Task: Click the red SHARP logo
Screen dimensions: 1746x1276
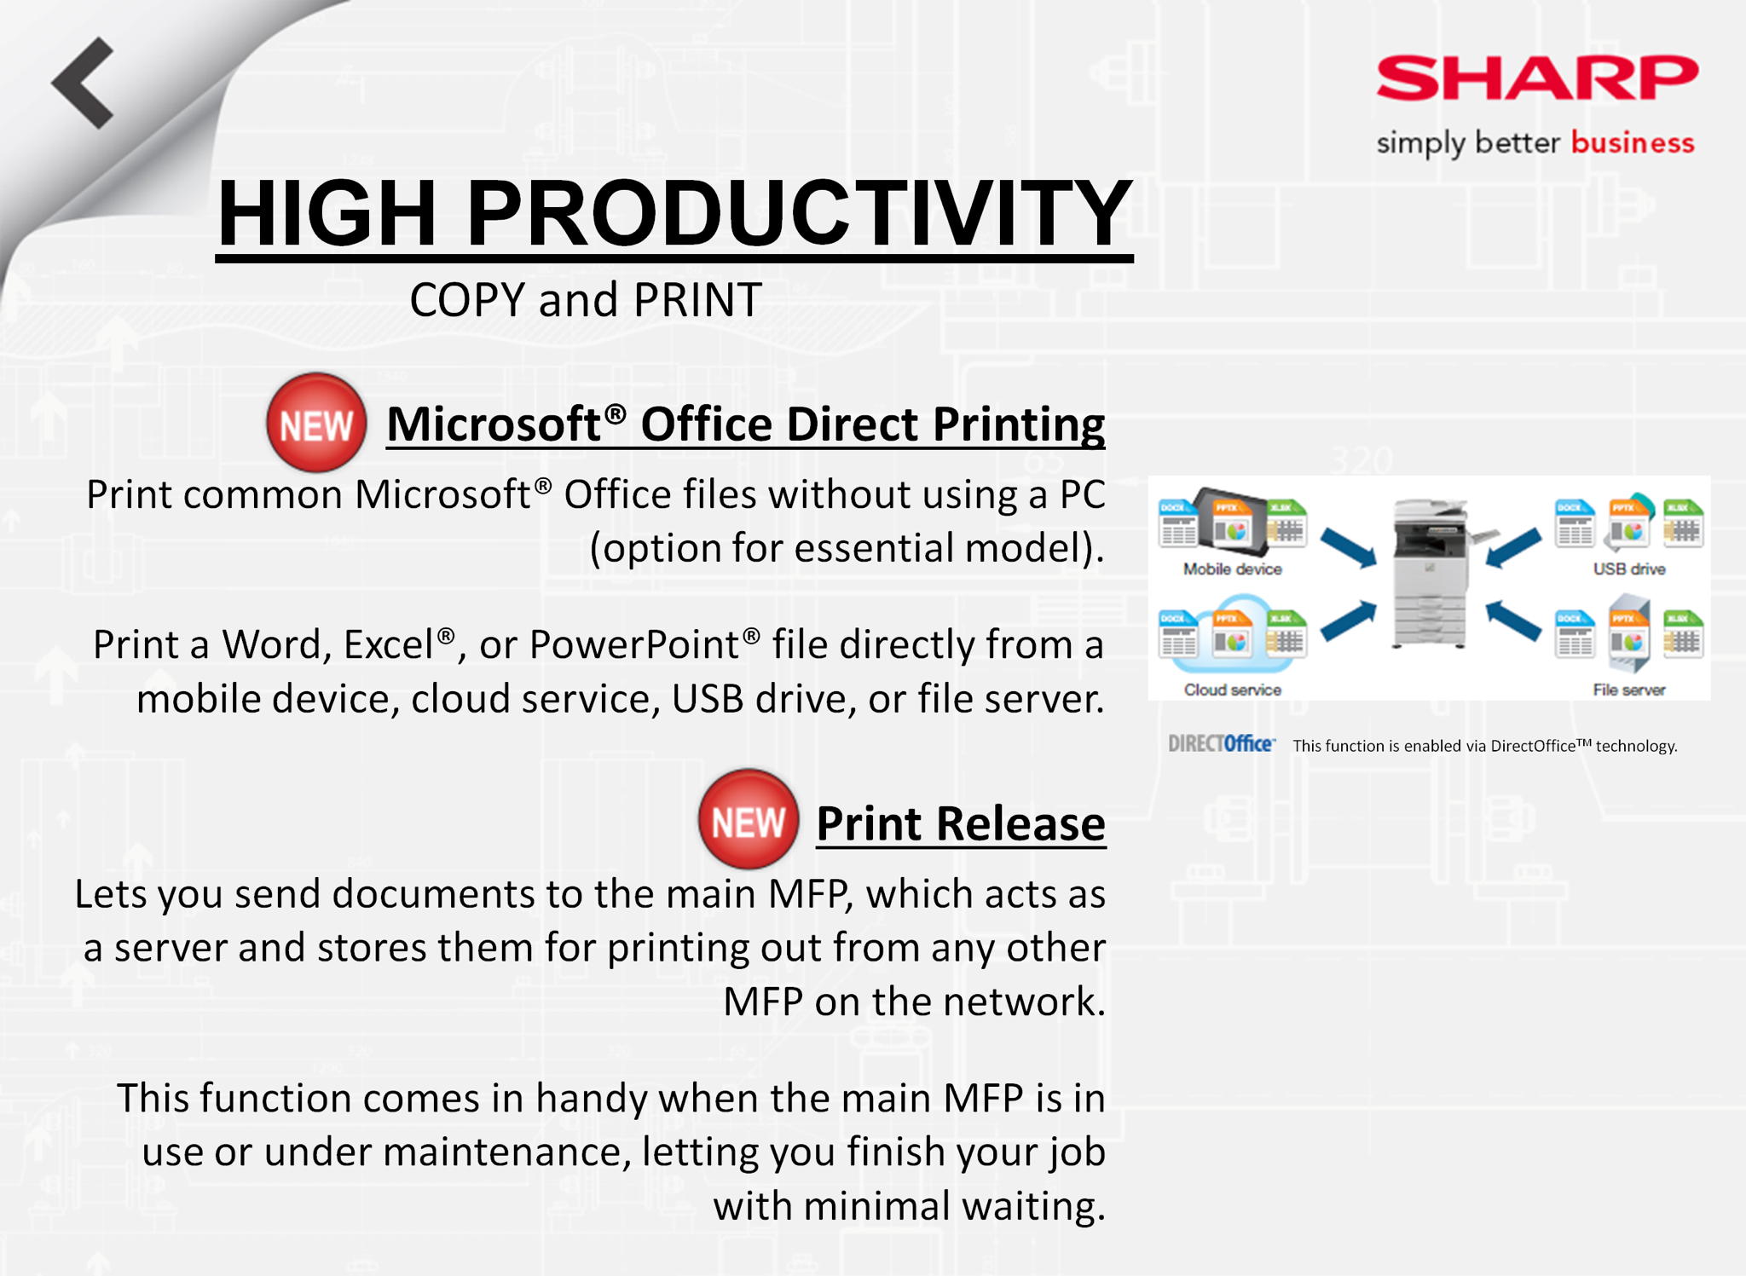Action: (x=1536, y=78)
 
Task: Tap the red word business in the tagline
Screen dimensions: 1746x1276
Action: (x=1633, y=141)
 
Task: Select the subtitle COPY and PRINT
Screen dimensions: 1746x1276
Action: (x=586, y=300)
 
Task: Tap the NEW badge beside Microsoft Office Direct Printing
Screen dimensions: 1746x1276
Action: (x=316, y=423)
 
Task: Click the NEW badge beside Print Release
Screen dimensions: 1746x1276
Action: (x=749, y=820)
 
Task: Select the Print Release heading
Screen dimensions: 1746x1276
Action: (x=961, y=823)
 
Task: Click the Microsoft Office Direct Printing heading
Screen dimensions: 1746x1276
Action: (x=745, y=424)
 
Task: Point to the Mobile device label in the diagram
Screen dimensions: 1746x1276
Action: (x=1232, y=569)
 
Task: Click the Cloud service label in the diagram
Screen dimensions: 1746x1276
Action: (x=1232, y=690)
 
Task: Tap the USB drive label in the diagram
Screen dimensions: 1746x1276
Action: (x=1629, y=569)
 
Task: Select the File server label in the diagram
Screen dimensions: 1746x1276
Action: (x=1629, y=690)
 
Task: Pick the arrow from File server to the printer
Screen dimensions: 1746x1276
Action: (x=1513, y=621)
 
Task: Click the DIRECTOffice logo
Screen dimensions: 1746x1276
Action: (x=1222, y=744)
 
